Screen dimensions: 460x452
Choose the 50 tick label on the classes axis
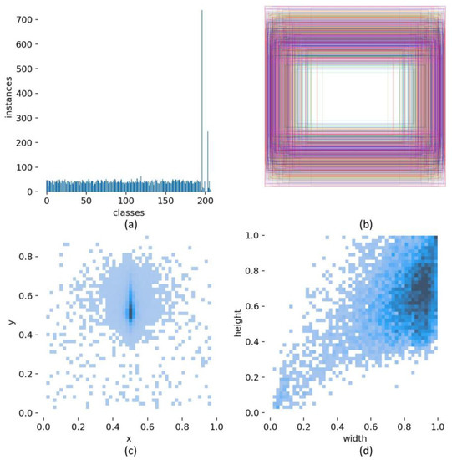pyautogui.click(x=86, y=202)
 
